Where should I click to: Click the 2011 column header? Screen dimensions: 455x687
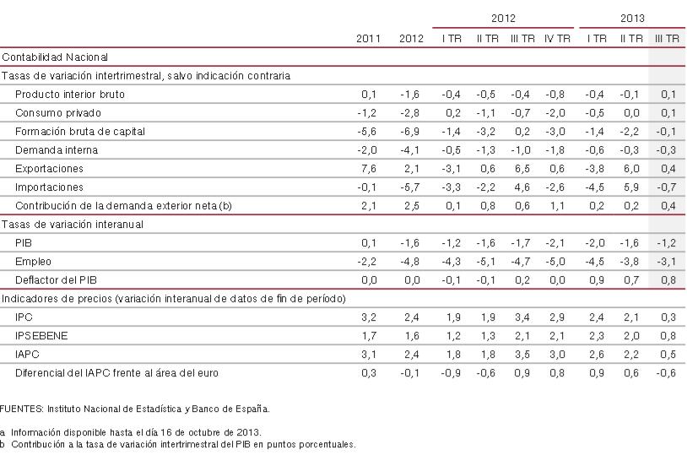click(x=367, y=38)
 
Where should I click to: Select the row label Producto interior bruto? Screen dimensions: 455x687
click(x=70, y=95)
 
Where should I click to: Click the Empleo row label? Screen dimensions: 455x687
click(x=33, y=262)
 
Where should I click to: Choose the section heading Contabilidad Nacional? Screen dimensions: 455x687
click(x=55, y=57)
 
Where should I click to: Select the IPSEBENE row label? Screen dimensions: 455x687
click(x=41, y=335)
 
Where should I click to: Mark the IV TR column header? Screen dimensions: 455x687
click(x=557, y=38)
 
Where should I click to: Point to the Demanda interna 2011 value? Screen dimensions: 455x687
click(x=370, y=149)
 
